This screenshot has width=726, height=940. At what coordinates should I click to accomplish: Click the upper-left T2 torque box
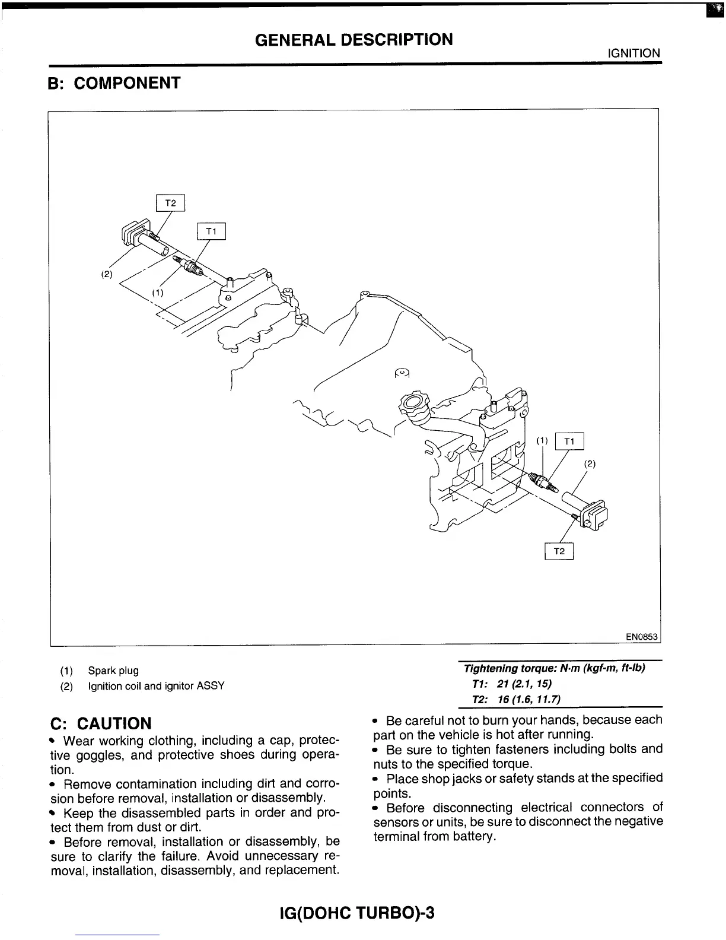(170, 203)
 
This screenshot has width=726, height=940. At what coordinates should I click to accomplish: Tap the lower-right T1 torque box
(569, 442)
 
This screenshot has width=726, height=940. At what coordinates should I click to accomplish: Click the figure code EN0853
(642, 637)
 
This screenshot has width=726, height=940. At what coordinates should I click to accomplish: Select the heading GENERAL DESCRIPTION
(354, 40)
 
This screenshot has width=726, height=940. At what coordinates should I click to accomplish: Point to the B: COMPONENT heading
(114, 83)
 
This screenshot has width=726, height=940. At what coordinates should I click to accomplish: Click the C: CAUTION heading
(101, 723)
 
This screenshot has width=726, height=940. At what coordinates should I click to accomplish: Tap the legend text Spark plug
(113, 671)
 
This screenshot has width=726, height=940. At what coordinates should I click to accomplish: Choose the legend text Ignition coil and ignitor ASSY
(156, 686)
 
